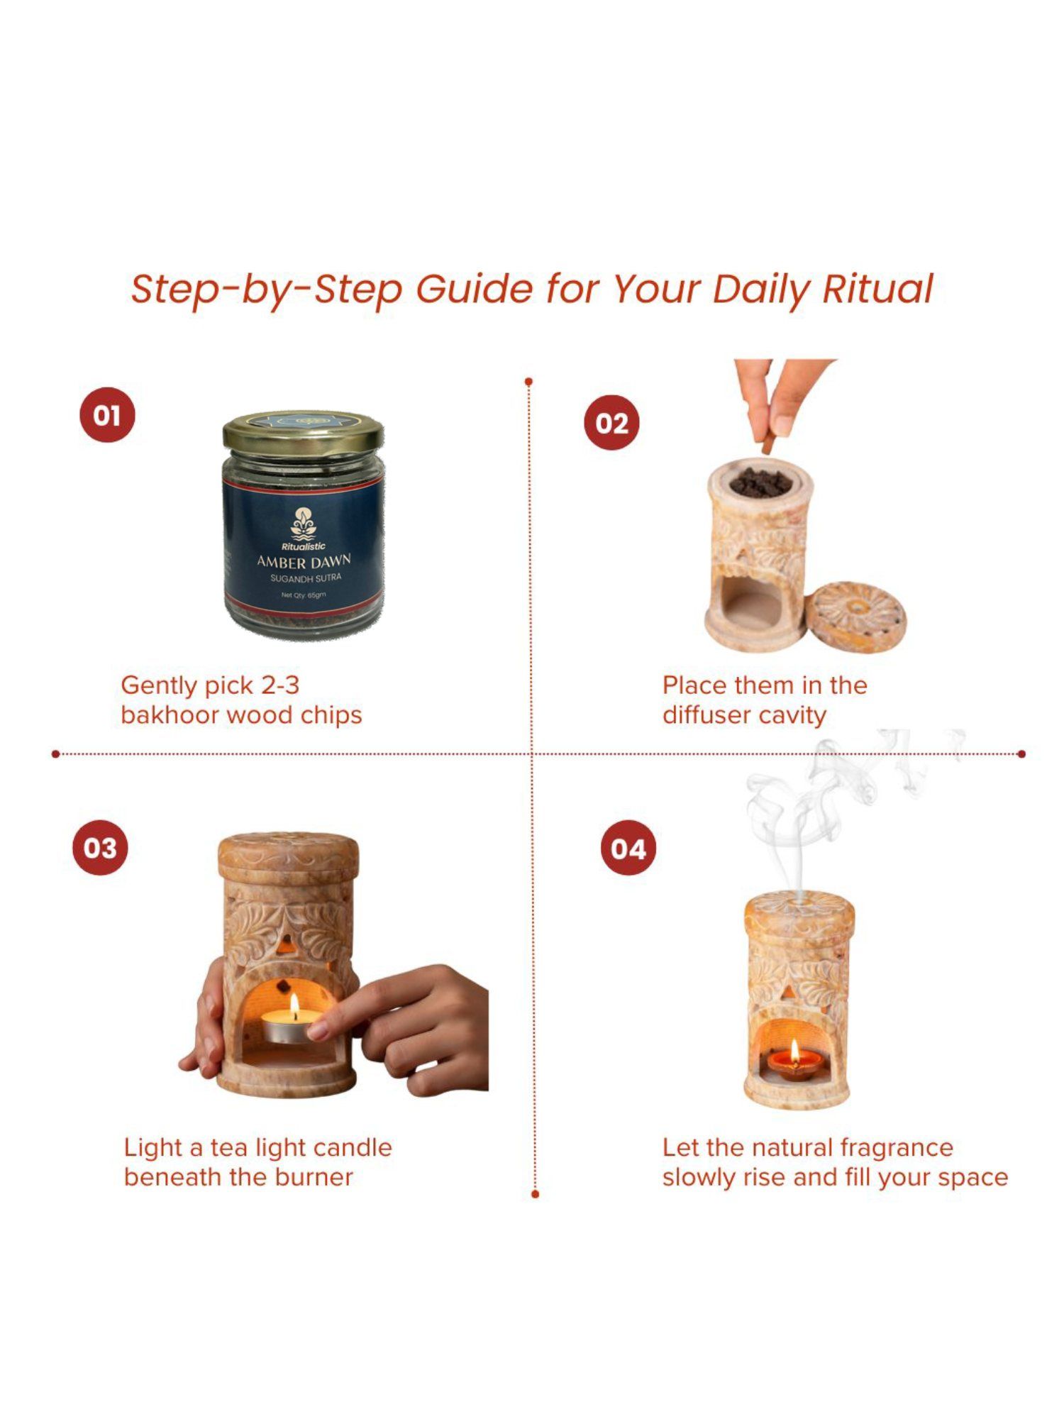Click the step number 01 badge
pos(107,415)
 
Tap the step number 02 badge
pos(611,423)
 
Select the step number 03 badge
pos(100,847)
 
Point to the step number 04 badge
pos(628,848)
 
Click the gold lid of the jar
pos(304,431)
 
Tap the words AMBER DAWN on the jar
pos(304,562)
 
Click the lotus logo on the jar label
pos(303,524)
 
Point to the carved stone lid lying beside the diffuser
pos(858,619)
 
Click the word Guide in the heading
pos(474,289)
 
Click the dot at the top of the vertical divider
pos(528,382)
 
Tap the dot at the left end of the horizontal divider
pos(55,753)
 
